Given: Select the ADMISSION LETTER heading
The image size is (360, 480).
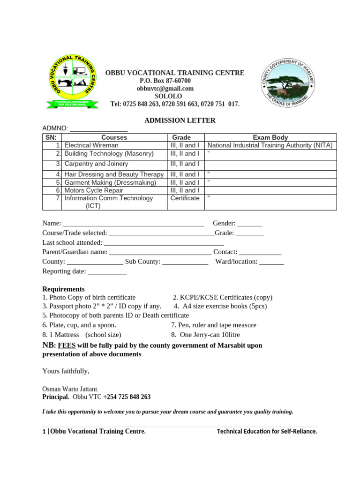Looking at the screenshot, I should pos(180,120).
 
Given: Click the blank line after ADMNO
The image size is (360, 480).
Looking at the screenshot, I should pos(98,129).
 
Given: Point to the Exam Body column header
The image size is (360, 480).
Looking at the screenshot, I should pos(270,137).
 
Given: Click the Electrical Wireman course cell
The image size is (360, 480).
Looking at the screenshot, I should pos(91,145).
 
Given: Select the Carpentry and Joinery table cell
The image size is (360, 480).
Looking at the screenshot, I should pos(96,164).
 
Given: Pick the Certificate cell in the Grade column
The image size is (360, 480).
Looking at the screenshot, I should pos(185,198).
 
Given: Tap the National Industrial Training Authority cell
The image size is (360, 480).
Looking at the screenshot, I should pos(270,145).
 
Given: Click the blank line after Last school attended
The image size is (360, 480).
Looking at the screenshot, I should pos(164,243).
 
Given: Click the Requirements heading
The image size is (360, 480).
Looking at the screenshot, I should pos(63,289).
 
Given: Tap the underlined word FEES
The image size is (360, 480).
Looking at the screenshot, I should pos(67,346).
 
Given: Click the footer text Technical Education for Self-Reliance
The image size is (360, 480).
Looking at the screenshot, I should pos(267,431).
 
